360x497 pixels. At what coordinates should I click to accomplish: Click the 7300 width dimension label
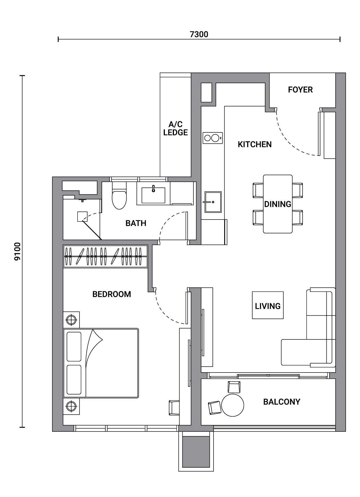pyautogui.click(x=199, y=34)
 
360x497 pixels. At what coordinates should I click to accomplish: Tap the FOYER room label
pyautogui.click(x=300, y=90)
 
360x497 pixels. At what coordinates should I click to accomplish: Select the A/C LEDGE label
pyautogui.click(x=176, y=128)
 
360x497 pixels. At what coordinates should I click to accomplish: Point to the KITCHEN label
pyautogui.click(x=255, y=144)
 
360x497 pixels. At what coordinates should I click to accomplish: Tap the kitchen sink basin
pyautogui.click(x=213, y=202)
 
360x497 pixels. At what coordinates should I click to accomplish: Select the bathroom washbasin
pyautogui.click(x=153, y=193)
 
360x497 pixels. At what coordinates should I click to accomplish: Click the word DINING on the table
pyautogui.click(x=277, y=204)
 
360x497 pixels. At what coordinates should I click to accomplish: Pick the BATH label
pyautogui.click(x=136, y=223)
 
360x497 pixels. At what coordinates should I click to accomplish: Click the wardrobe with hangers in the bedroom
pyautogui.click(x=105, y=256)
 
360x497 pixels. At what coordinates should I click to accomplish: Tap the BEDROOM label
pyautogui.click(x=112, y=294)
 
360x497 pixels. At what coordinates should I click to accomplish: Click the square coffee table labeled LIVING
pyautogui.click(x=268, y=305)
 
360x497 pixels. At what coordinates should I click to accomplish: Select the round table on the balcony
pyautogui.click(x=232, y=405)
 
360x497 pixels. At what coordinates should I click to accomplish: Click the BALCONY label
pyautogui.click(x=282, y=402)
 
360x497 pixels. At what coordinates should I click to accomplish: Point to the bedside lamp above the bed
pyautogui.click(x=71, y=320)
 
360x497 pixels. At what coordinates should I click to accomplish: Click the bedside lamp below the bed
pyautogui.click(x=71, y=406)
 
